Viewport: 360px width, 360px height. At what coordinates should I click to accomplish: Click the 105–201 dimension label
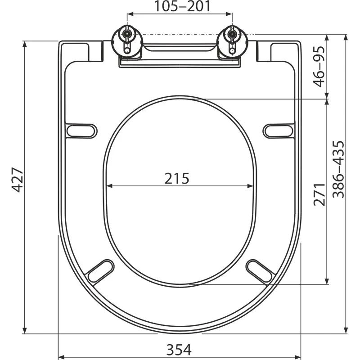pos(182,6)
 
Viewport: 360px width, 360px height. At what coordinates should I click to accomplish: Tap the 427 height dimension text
pos(18,180)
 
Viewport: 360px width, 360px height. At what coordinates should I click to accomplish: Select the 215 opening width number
pos(177,178)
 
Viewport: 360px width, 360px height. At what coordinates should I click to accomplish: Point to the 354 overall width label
pos(179,350)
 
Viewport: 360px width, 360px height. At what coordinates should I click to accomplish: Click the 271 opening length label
pos(319,194)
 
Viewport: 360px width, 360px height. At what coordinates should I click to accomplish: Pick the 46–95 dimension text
pos(319,67)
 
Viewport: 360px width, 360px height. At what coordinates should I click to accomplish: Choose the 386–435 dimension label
pos(338,169)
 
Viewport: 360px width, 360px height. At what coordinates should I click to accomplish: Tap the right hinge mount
pos(232,41)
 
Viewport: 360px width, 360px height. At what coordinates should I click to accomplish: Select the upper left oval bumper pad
pos(82,131)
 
